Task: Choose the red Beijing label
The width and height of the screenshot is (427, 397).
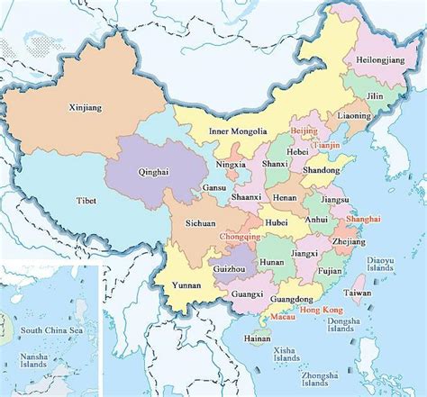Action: [304, 131]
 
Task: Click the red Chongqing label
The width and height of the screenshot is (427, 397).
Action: [241, 237]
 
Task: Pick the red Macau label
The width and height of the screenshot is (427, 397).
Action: [283, 317]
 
